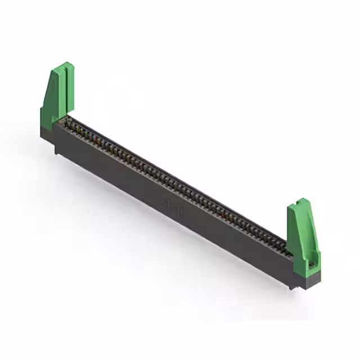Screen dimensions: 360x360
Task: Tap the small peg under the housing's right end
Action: tap(292, 286)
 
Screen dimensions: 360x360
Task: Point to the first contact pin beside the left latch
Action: tap(70, 123)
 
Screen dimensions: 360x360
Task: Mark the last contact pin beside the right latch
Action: tap(287, 250)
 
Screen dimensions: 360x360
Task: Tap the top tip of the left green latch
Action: tap(66, 64)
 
